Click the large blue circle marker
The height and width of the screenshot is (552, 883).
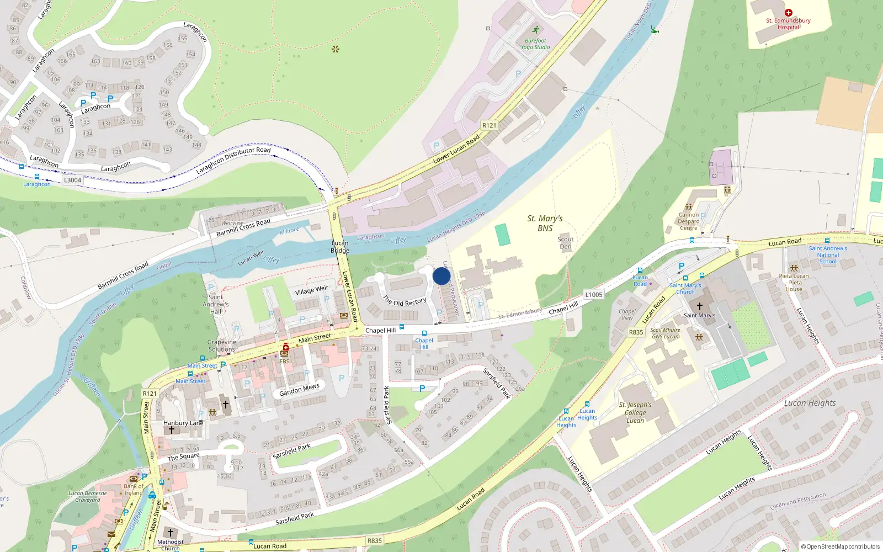[441, 276]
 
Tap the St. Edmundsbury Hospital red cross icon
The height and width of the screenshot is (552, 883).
[788, 13]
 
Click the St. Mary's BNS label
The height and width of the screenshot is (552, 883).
[545, 223]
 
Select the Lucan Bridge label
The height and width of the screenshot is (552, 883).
[340, 247]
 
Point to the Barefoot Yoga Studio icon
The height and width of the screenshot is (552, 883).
[535, 30]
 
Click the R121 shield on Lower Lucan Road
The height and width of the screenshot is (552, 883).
[489, 125]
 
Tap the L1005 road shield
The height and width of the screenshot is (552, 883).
[594, 295]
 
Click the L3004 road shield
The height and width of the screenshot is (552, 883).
[72, 180]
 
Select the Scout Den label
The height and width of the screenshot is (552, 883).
[566, 243]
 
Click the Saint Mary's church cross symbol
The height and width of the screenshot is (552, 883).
[699, 306]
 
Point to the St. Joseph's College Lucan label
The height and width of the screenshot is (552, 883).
[635, 412]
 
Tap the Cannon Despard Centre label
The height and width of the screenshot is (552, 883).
[689, 221]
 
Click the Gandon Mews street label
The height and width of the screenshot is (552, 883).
[299, 390]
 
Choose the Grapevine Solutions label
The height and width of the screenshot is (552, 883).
[222, 346]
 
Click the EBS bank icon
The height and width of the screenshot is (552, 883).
[285, 348]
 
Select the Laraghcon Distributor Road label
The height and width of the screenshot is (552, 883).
[233, 160]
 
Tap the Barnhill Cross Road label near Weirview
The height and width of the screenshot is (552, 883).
[243, 227]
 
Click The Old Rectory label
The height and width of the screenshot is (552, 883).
[405, 301]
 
